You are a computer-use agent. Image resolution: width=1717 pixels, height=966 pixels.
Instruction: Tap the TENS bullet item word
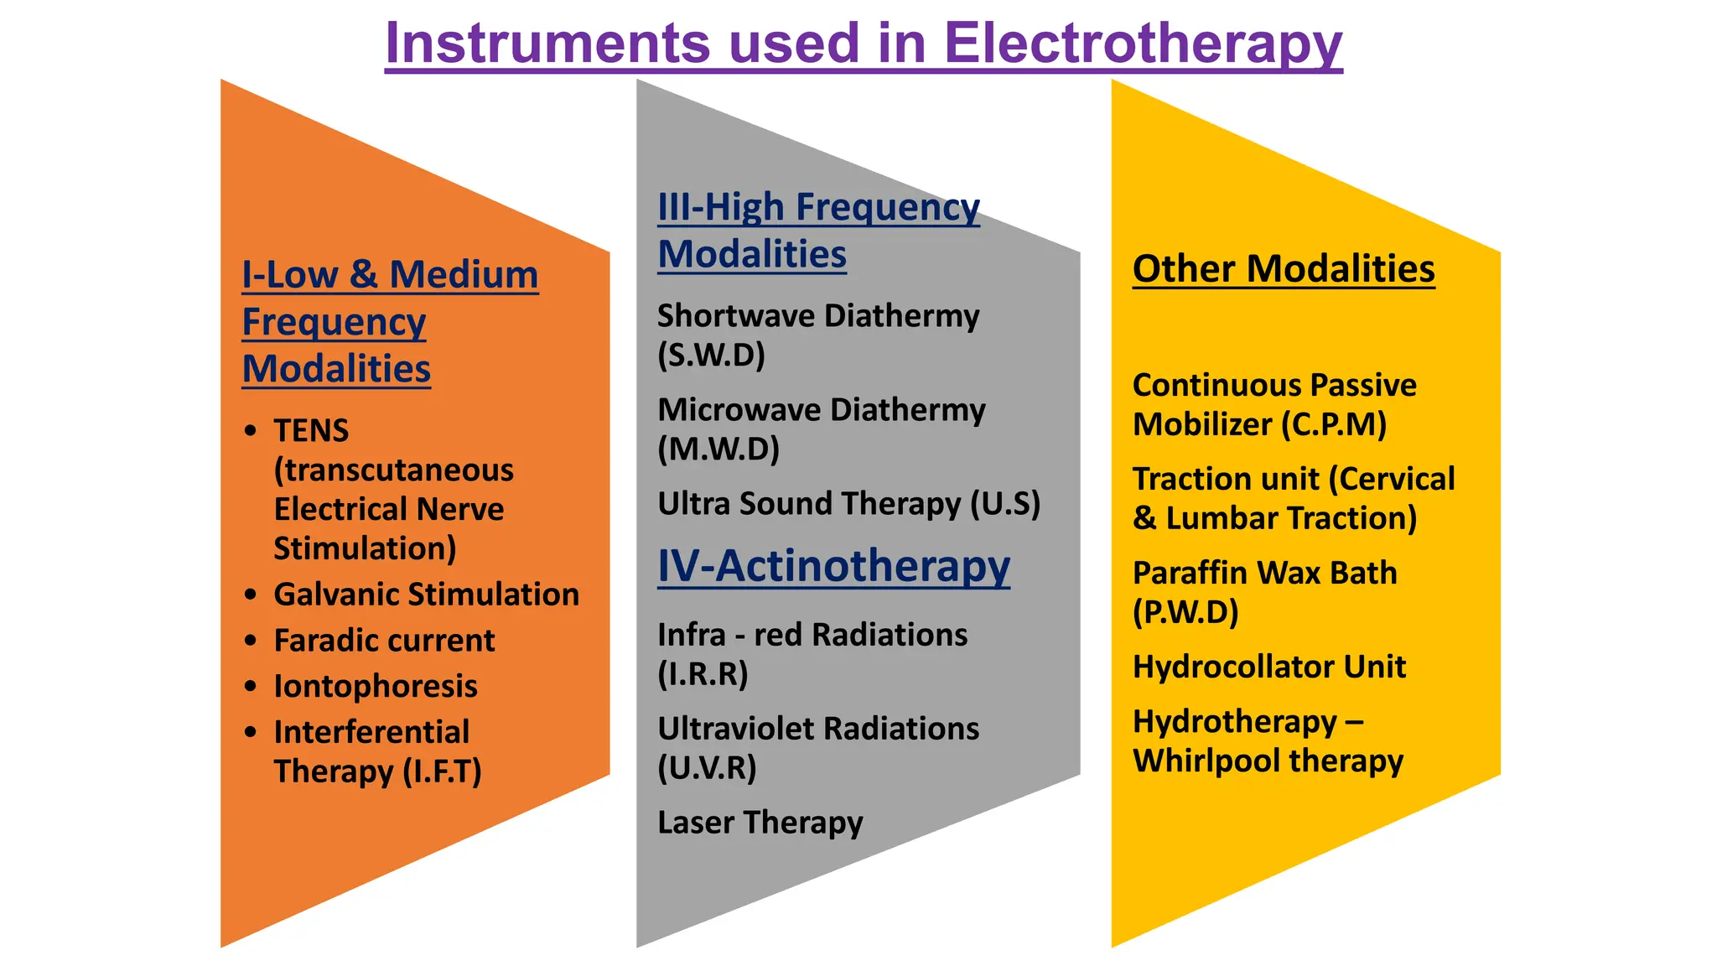pos(311,431)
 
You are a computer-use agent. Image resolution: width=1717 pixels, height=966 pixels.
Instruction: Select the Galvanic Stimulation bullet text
pos(426,595)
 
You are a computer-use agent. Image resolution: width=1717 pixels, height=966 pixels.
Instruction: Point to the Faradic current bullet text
pos(384,641)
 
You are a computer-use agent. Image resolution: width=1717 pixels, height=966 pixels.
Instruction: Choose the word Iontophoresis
pos(376,687)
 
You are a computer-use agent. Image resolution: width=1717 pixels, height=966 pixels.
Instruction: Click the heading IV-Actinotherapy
pos(833,566)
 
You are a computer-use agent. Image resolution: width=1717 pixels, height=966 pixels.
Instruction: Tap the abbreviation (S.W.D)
pos(711,356)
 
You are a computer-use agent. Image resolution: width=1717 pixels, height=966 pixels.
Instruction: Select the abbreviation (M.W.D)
pos(718,449)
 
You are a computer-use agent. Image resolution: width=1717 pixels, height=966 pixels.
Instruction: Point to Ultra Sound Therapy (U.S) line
pos(848,504)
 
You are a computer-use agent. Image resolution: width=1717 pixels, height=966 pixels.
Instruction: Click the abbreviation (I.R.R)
pos(703,674)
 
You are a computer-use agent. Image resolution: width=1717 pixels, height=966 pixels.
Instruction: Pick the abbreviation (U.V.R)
pos(707,768)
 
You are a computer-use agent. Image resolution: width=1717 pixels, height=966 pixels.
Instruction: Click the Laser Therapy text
pos(760,823)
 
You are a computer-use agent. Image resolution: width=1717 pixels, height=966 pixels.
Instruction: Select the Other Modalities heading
pos(1283,269)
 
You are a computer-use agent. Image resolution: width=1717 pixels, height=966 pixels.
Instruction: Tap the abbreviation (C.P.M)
pos(1334,424)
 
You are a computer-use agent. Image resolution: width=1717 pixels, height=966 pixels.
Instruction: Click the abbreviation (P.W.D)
pos(1185,612)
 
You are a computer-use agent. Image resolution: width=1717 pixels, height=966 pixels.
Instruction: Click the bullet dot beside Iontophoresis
pos(251,687)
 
